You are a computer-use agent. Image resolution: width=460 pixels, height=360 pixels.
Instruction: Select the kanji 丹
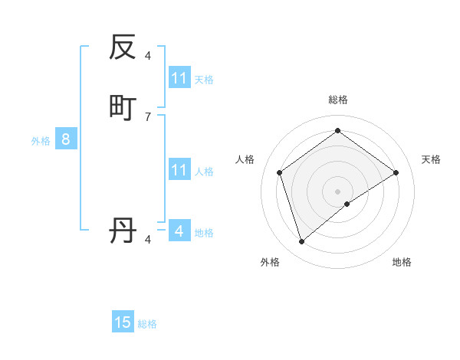click(x=123, y=230)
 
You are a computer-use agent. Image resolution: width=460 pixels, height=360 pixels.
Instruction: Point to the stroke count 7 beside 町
click(x=148, y=116)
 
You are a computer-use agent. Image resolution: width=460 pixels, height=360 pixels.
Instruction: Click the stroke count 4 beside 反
click(x=148, y=55)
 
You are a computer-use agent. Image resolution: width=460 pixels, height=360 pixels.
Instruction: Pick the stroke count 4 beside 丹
click(x=148, y=240)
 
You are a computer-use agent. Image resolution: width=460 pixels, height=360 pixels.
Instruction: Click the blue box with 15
click(x=123, y=322)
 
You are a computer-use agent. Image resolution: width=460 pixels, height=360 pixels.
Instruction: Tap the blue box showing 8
click(x=66, y=139)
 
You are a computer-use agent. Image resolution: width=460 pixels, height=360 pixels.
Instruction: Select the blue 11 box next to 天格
click(x=179, y=78)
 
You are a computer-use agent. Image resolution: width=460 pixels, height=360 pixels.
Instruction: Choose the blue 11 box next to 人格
click(x=179, y=170)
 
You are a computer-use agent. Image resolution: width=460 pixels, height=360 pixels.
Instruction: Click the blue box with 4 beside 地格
click(x=179, y=231)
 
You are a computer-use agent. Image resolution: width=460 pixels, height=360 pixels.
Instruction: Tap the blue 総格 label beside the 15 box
click(x=147, y=324)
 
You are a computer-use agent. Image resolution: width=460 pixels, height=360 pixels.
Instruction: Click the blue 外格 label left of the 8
click(x=41, y=141)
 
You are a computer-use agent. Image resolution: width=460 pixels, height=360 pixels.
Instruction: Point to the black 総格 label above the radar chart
click(x=338, y=100)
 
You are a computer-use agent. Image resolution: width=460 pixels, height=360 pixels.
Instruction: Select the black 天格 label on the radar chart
click(x=431, y=159)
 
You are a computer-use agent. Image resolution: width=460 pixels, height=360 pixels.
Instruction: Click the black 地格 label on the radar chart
click(x=402, y=262)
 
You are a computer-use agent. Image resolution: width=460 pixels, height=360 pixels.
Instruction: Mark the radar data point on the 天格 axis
click(x=396, y=172)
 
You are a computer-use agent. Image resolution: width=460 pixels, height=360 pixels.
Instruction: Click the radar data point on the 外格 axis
click(x=301, y=242)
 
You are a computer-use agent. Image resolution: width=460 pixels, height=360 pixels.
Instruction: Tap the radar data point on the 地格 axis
click(x=347, y=204)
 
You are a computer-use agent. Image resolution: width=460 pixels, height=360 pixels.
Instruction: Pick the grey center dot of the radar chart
click(x=338, y=191)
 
